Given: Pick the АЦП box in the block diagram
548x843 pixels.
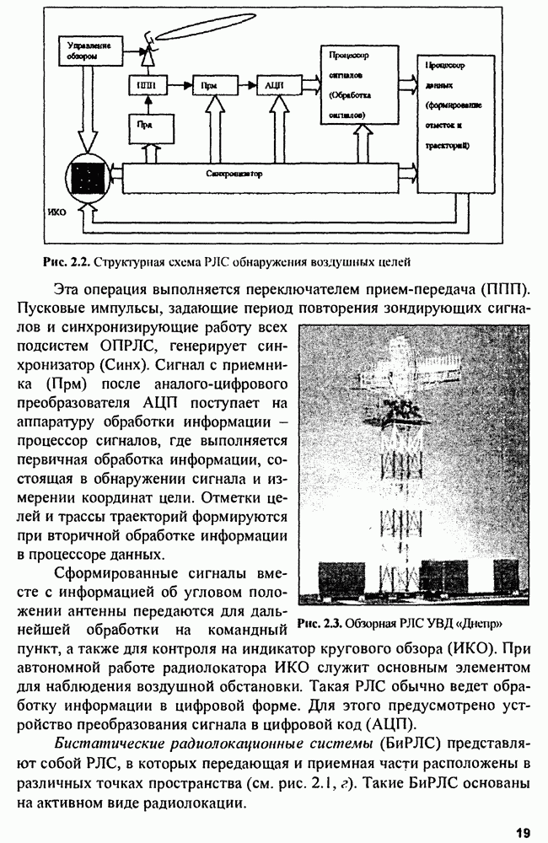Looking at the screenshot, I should pyautogui.click(x=273, y=85).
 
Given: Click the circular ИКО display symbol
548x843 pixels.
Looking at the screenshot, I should pyautogui.click(x=85, y=179).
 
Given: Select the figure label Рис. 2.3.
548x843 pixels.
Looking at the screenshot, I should pyautogui.click(x=318, y=625).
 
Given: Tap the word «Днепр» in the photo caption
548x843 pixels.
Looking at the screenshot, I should pyautogui.click(x=479, y=625).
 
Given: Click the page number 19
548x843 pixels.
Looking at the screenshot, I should pyautogui.click(x=522, y=832).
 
